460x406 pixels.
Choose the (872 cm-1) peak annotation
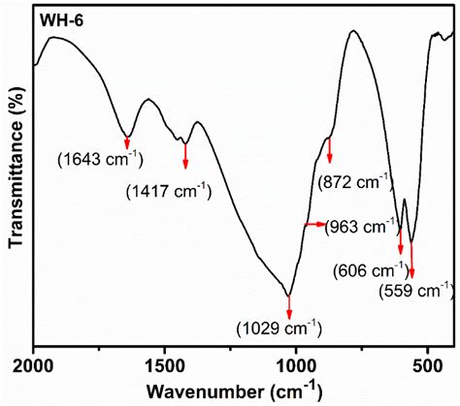[355, 180]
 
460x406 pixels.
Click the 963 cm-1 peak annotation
[361, 228]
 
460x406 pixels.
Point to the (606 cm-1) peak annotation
[367, 269]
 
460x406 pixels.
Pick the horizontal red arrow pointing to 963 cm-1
[313, 225]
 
